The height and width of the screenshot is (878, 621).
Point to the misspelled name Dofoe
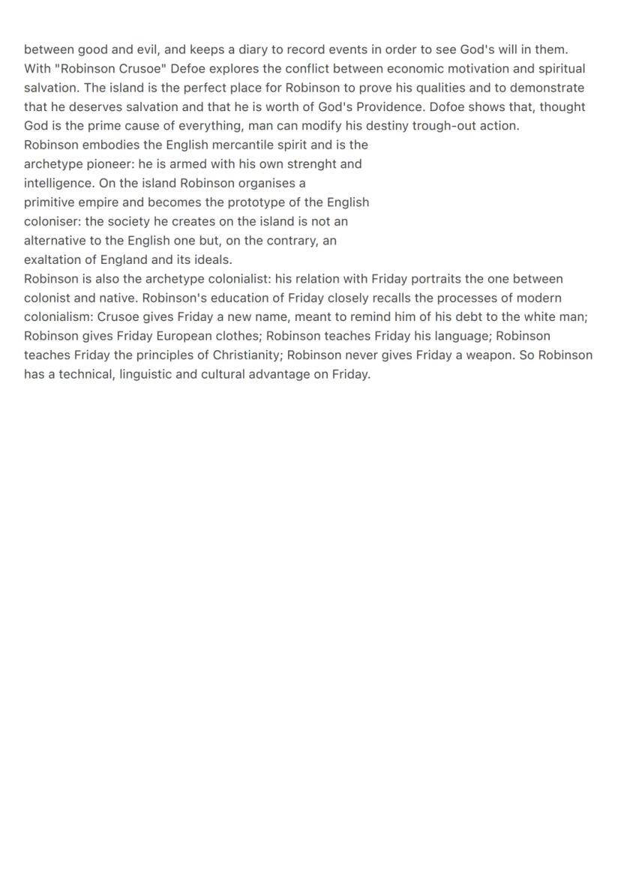448,106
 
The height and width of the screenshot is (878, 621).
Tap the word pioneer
102,163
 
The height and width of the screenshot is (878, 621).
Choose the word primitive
50,202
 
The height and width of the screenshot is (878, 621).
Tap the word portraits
434,279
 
